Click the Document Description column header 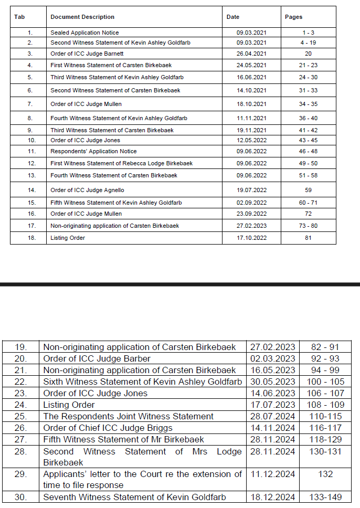coord(82,17)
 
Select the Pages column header coord(293,17)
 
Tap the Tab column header coord(19,17)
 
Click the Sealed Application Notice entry coord(84,33)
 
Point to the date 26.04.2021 coord(251,54)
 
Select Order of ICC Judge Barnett coord(87,54)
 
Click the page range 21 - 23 coord(308,65)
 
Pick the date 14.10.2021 coord(251,91)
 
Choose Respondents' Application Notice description coord(93,151)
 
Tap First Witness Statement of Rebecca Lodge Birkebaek coord(121,163)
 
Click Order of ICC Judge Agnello coord(87,190)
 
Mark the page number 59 coord(308,190)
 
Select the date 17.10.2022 coord(251,238)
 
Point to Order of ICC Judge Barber coord(97,359)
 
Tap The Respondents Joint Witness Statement coord(128,417)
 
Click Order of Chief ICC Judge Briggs coord(108,428)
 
